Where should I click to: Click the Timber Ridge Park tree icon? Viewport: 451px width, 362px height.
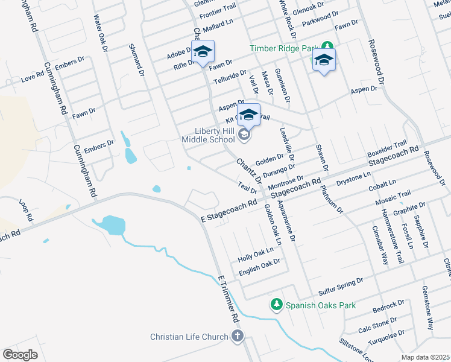[327, 46]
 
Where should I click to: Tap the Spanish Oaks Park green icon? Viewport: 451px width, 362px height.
[277, 305]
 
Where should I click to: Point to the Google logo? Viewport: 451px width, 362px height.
[20, 354]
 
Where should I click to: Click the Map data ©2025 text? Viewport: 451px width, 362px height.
[425, 357]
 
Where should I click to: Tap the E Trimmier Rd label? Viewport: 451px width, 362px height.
[229, 298]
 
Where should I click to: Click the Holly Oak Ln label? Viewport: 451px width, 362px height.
[256, 253]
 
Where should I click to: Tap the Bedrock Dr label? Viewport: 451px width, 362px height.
[389, 305]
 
